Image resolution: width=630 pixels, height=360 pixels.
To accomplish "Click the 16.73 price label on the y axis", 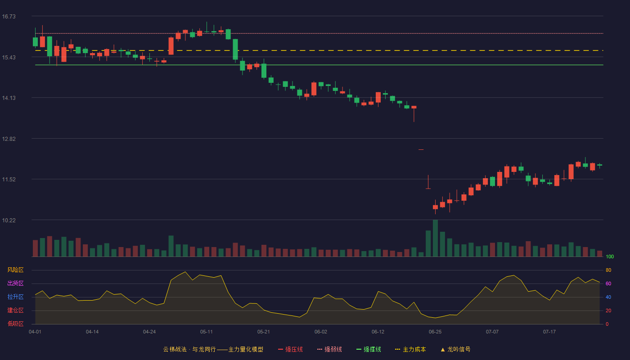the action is [x=9, y=17].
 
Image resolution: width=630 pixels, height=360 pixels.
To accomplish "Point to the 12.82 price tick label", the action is [x=9, y=139].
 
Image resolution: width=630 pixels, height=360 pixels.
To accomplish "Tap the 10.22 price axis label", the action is [x=9, y=220].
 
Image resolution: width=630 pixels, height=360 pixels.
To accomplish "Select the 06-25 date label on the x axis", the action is [x=435, y=332].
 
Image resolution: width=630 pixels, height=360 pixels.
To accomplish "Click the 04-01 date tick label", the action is [x=35, y=332].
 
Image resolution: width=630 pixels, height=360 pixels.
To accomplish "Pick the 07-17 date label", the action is [x=549, y=332].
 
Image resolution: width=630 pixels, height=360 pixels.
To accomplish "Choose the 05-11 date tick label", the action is [x=207, y=332].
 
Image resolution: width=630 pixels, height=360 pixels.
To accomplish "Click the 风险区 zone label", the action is [x=15, y=270].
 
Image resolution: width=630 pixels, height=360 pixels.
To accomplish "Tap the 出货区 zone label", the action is [x=15, y=283].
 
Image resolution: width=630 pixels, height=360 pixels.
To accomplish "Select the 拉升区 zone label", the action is [x=15, y=297].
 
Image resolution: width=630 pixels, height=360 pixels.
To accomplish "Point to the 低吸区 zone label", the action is [x=15, y=324].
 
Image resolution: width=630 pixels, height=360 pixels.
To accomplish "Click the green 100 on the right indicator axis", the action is [x=610, y=256].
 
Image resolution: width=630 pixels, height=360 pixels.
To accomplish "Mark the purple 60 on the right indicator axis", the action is [x=608, y=283].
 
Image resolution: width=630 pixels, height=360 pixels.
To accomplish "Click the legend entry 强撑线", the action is [x=369, y=349].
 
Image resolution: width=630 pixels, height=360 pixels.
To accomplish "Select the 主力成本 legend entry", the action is [x=410, y=349].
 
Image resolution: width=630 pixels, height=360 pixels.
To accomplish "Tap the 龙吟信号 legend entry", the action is [x=455, y=349].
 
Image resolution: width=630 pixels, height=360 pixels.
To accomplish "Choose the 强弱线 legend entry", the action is [x=329, y=349].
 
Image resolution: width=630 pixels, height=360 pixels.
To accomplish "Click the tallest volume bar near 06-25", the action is [x=435, y=238].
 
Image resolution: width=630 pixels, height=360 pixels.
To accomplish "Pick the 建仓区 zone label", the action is [x=15, y=310].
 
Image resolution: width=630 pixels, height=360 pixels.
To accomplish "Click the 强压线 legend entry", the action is [x=290, y=349].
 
